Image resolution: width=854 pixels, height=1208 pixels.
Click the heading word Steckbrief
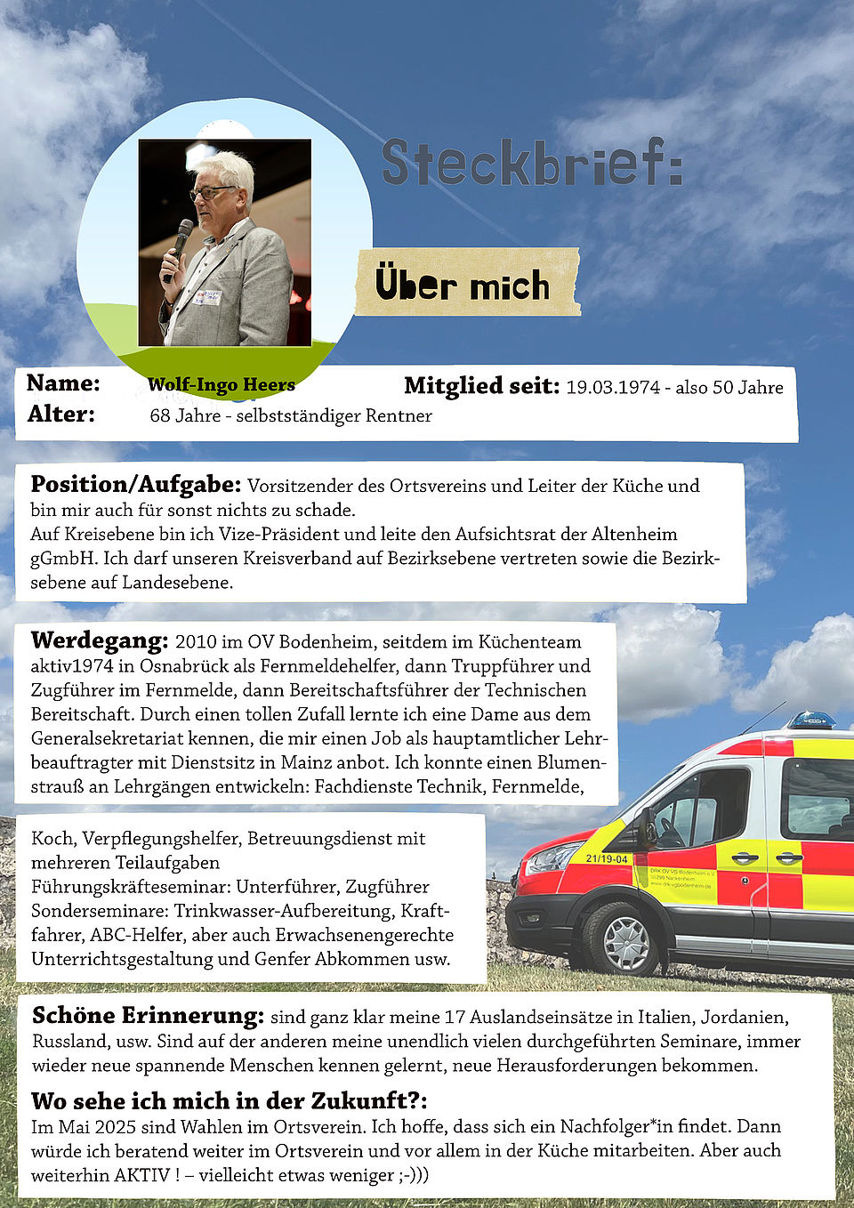point(532,162)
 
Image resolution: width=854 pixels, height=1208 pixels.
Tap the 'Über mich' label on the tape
point(463,285)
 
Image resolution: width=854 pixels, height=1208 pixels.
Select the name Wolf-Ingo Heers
point(222,384)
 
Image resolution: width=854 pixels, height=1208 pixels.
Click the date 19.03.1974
point(613,387)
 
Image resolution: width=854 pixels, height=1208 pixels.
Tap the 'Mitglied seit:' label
point(481,386)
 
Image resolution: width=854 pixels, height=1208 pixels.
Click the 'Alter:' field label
point(60,414)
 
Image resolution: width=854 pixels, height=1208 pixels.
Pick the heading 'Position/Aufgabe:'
point(135,485)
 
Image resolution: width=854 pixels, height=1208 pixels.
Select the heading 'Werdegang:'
point(99,640)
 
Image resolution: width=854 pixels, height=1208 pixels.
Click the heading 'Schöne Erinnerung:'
point(148,1016)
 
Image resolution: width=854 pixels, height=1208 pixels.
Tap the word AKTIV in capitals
point(141,1175)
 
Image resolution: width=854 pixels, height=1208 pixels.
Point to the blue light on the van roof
point(810,720)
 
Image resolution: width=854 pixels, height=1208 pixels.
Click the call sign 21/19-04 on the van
point(607,858)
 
